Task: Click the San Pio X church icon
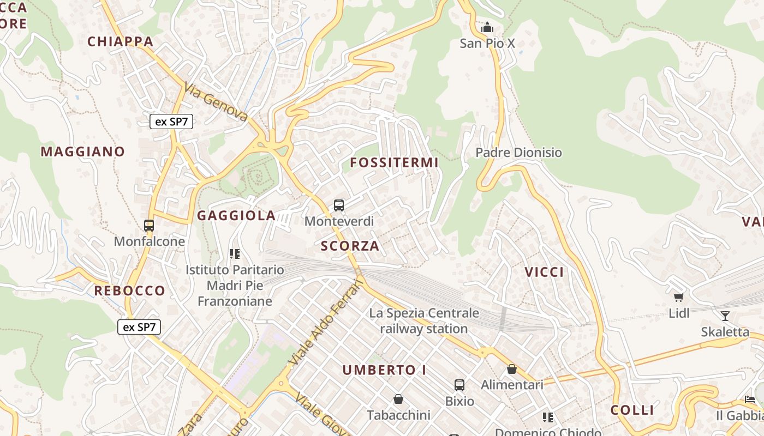(x=487, y=27)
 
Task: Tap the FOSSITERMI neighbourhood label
(x=394, y=162)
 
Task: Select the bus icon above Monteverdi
(x=339, y=205)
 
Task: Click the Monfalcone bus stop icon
(x=148, y=225)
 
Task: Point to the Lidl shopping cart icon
(x=679, y=297)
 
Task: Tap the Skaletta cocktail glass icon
(x=725, y=316)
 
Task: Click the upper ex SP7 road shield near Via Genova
(x=171, y=122)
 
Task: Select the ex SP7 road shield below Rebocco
(x=139, y=327)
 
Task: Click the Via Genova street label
(x=216, y=102)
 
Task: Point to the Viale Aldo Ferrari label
(x=325, y=322)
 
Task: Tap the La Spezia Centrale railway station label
(x=424, y=321)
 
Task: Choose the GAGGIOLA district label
(x=236, y=215)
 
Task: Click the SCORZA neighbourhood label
(x=350, y=246)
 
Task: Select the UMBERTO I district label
(x=384, y=370)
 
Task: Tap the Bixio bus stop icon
(x=459, y=385)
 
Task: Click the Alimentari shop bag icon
(x=511, y=369)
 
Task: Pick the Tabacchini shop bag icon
(x=398, y=399)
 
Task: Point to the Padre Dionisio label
(x=518, y=153)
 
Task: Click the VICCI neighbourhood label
(x=544, y=272)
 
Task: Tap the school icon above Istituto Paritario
(x=235, y=253)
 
